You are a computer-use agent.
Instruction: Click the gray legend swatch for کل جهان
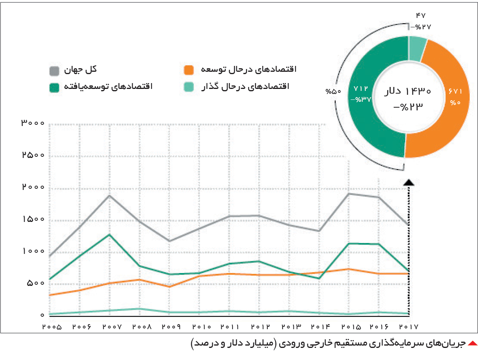coord(54,71)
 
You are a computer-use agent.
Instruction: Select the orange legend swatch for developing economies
coord(188,70)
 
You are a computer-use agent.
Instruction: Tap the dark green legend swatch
coord(54,88)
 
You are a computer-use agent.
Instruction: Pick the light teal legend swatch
coord(188,87)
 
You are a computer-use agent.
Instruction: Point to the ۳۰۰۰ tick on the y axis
coord(33,123)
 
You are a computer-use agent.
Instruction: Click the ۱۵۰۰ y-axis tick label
coord(33,219)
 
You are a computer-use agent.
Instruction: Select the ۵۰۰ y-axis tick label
coord(36,283)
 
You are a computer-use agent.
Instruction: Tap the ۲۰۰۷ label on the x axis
coord(112,327)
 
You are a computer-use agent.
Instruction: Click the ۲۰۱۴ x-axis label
coord(321,327)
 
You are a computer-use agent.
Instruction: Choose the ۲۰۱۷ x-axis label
coord(409,327)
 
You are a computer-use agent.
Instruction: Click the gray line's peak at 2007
coord(110,195)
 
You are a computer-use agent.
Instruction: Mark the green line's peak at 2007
coord(110,235)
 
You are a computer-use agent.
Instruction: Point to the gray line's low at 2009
coord(169,241)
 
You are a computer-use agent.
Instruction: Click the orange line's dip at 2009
coord(169,286)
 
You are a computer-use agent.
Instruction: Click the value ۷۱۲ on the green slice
coord(361,89)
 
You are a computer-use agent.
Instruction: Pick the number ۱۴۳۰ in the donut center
coord(418,91)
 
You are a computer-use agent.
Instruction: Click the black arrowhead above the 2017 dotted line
coord(409,183)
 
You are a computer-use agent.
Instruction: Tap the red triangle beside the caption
coord(473,344)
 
